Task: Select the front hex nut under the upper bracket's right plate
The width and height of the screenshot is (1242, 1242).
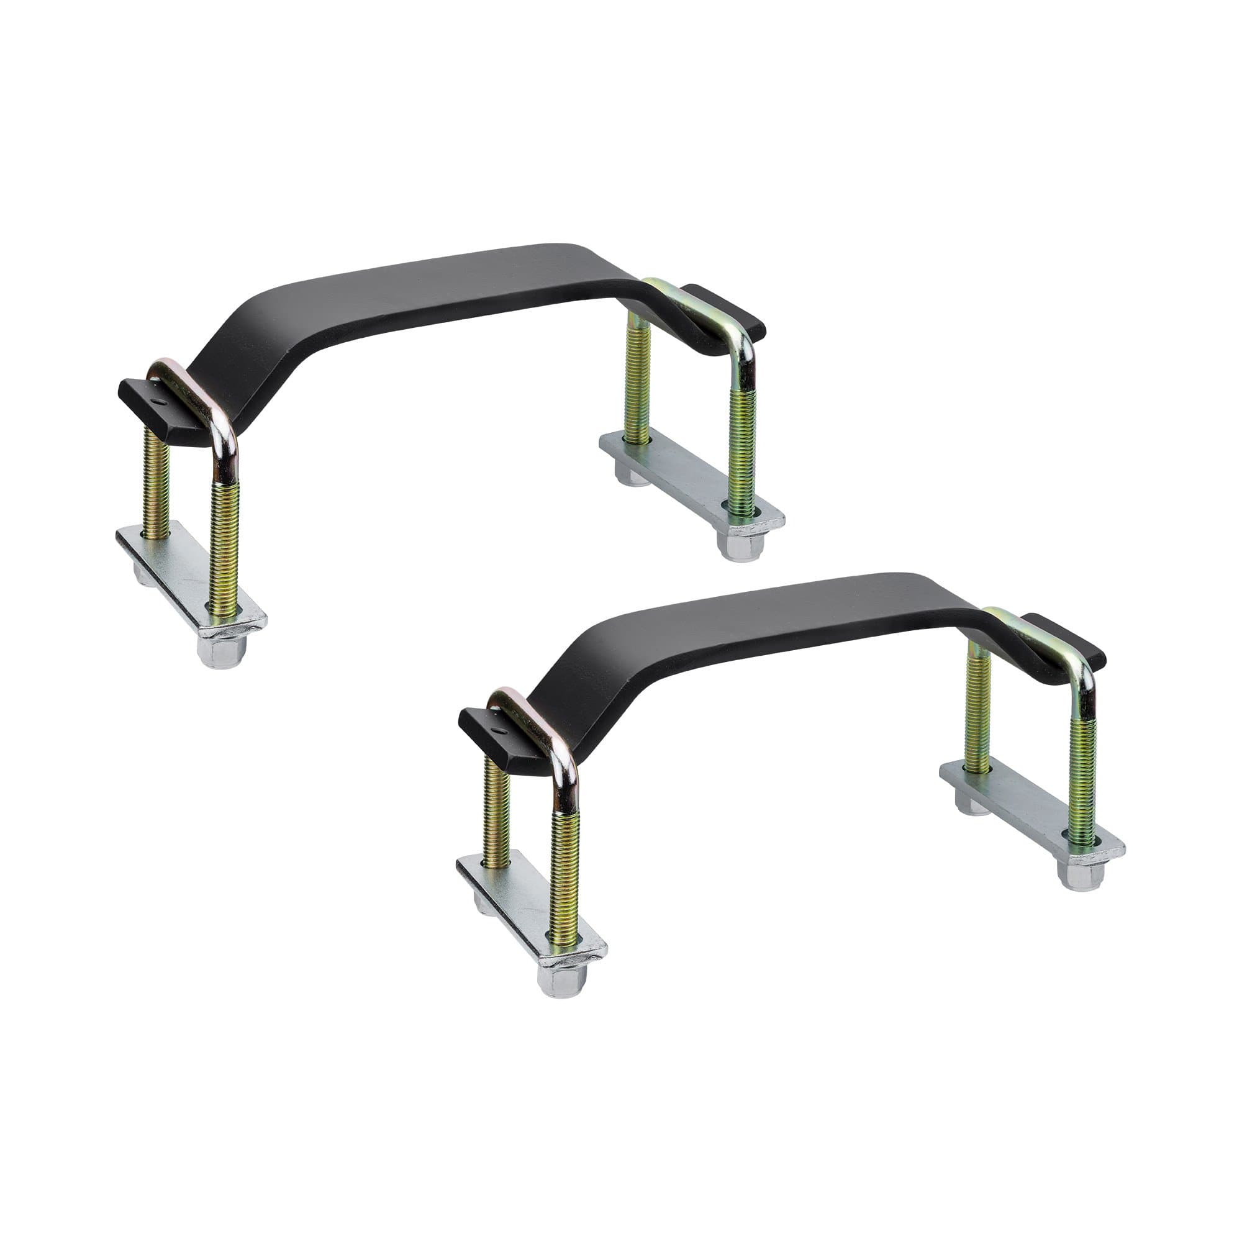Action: coord(741,545)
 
